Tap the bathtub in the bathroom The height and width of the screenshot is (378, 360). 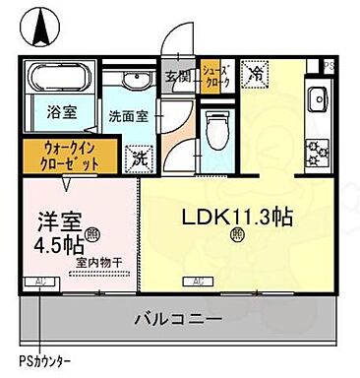[58, 79]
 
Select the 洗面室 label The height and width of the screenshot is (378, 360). [127, 114]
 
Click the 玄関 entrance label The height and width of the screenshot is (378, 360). [178, 78]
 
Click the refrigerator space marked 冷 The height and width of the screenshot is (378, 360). [254, 73]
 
